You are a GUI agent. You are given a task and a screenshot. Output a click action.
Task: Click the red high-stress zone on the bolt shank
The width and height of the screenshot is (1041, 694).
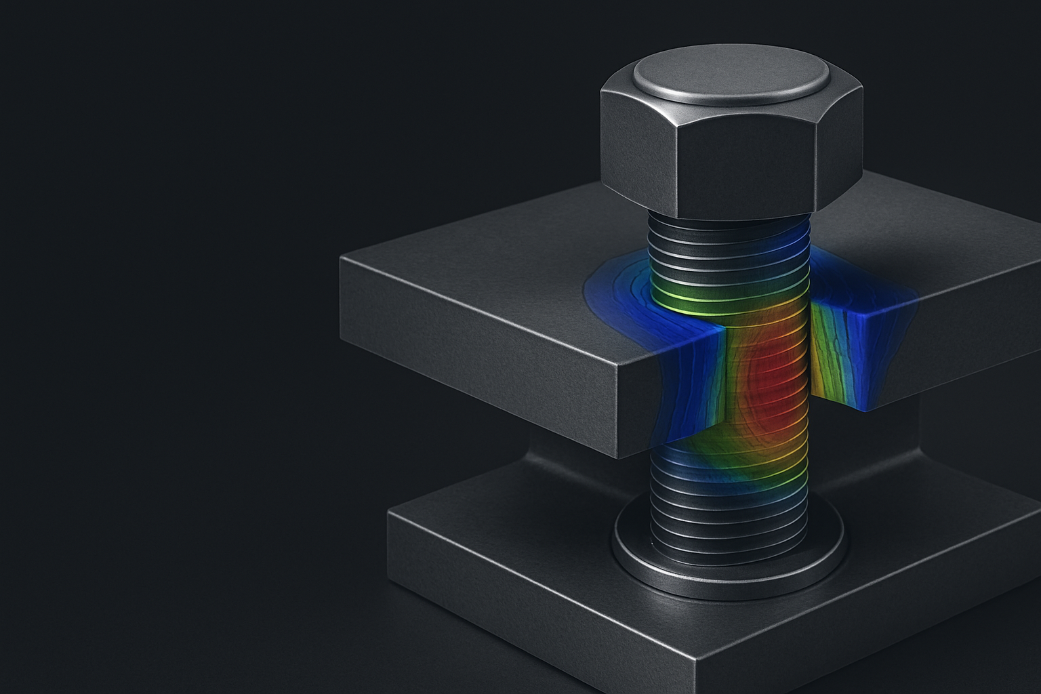click(773, 380)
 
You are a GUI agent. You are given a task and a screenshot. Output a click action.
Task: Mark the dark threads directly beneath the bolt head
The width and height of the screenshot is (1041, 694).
click(729, 234)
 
